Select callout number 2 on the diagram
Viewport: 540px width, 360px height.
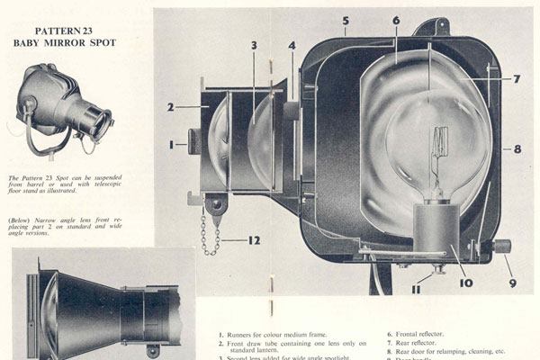pyautogui.click(x=170, y=107)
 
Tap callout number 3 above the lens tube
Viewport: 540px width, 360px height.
pyautogui.click(x=255, y=45)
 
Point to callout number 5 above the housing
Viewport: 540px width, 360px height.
pyautogui.click(x=346, y=19)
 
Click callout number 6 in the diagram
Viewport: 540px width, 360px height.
pyautogui.click(x=396, y=20)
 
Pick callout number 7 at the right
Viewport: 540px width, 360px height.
pyautogui.click(x=517, y=79)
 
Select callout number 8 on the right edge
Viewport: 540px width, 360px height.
pyautogui.click(x=517, y=149)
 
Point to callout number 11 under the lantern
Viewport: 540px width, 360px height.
pyautogui.click(x=415, y=290)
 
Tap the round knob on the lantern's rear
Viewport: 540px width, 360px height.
pyautogui.click(x=502, y=246)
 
